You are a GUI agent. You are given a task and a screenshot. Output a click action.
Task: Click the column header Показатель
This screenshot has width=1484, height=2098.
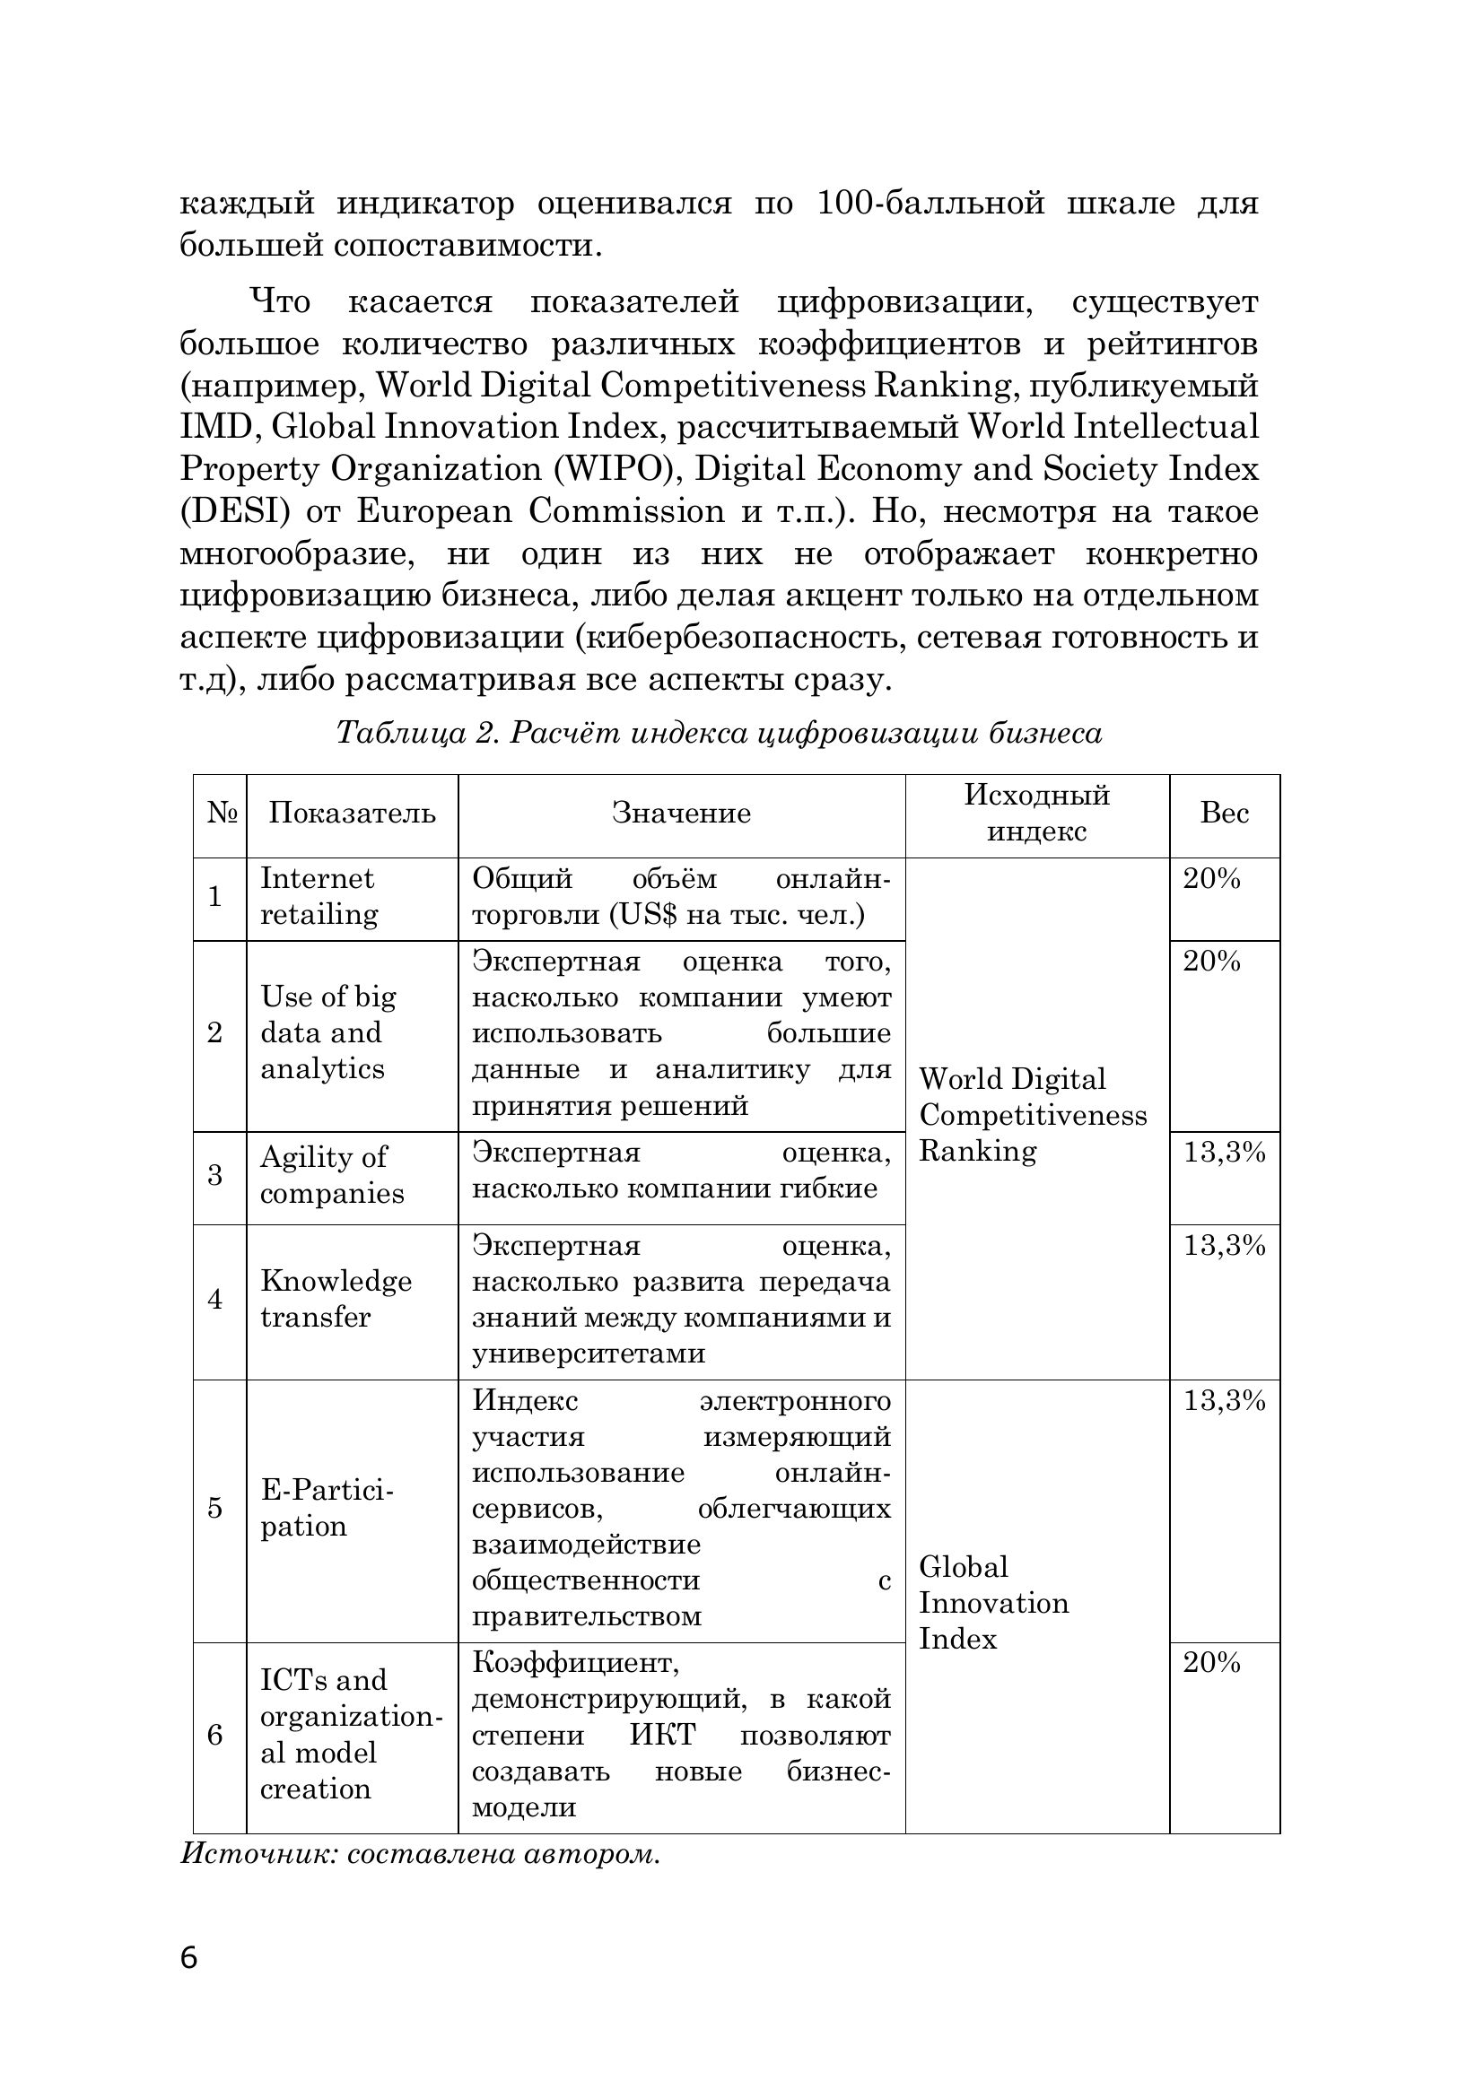(x=352, y=814)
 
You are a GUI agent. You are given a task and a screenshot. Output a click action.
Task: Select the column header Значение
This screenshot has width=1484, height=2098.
(x=681, y=814)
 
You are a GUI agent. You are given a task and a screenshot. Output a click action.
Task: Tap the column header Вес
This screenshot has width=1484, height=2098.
(x=1224, y=814)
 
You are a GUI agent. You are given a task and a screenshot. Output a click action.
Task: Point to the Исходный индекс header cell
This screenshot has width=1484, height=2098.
(x=1036, y=814)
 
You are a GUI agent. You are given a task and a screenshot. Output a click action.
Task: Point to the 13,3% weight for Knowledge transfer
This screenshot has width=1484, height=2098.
(x=1224, y=1246)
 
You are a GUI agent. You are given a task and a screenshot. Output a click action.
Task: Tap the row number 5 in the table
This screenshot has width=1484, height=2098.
(x=214, y=1508)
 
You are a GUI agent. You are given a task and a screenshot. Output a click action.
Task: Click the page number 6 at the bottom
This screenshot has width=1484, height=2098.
(x=189, y=1958)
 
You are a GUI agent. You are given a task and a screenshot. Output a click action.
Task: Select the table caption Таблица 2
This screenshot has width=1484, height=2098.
(x=719, y=733)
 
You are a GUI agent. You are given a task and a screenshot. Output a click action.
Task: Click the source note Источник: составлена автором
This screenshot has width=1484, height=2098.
(x=419, y=1854)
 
